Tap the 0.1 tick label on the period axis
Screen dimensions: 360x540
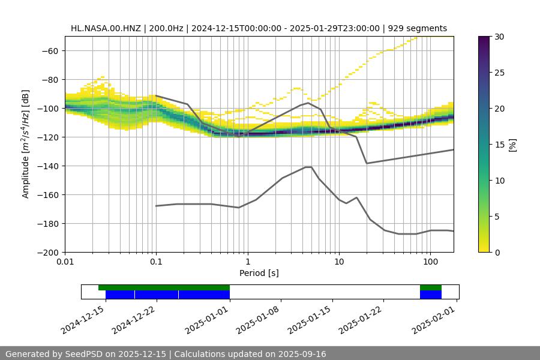coord(156,262)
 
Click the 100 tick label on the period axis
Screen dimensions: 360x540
coord(430,262)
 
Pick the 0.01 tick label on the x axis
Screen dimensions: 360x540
coord(65,262)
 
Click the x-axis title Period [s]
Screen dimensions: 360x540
coord(259,273)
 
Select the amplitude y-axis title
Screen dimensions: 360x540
coord(26,144)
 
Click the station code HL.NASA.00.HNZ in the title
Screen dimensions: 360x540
coord(106,28)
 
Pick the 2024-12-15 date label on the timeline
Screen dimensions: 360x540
coord(82,319)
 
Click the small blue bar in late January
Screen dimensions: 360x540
coord(430,295)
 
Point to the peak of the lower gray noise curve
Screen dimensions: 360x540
coord(308,167)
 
